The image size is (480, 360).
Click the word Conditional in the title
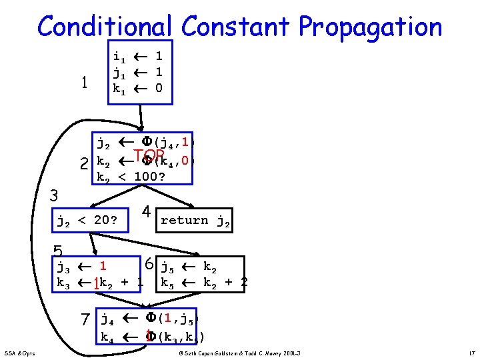106,27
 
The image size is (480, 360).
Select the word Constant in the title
236,27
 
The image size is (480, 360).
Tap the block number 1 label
84,83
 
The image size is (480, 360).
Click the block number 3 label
56,196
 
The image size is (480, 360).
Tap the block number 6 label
151,264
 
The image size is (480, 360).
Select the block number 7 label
85,320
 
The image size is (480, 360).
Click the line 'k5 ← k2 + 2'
204,283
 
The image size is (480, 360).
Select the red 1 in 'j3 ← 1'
103,268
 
